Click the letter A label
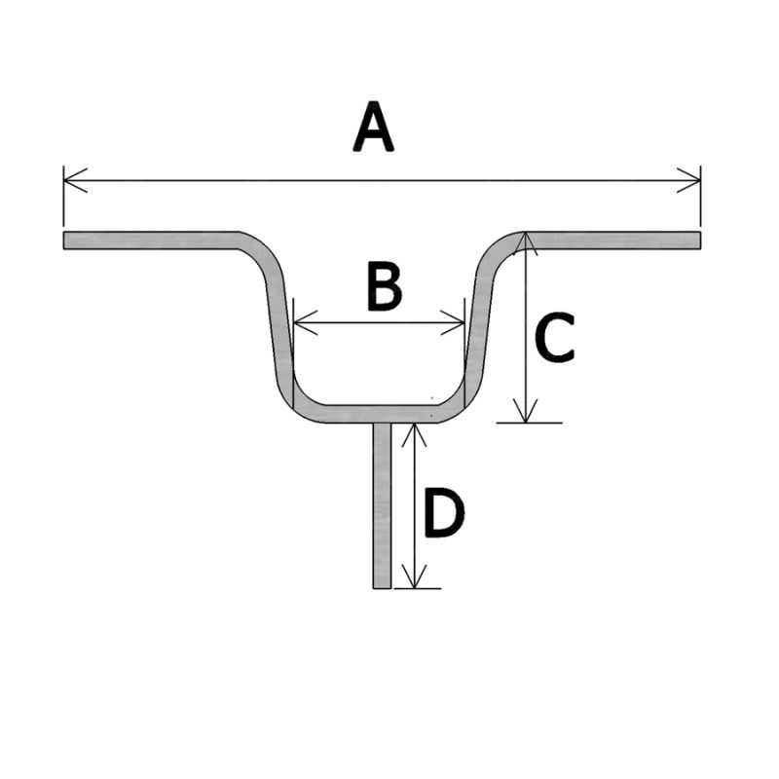coord(373,130)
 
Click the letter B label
coord(383,287)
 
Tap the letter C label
coord(555,338)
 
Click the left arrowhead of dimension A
coord(70,180)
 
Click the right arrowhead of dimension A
coord(693,180)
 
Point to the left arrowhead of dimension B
coord(300,322)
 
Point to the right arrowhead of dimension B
coord(458,322)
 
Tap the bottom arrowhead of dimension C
coord(526,415)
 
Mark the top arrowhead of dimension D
coord(416,430)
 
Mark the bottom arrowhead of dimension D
coord(416,580)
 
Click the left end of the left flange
coord(66,241)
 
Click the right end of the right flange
coord(698,241)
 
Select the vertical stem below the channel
coord(382,506)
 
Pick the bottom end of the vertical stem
coord(382,586)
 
